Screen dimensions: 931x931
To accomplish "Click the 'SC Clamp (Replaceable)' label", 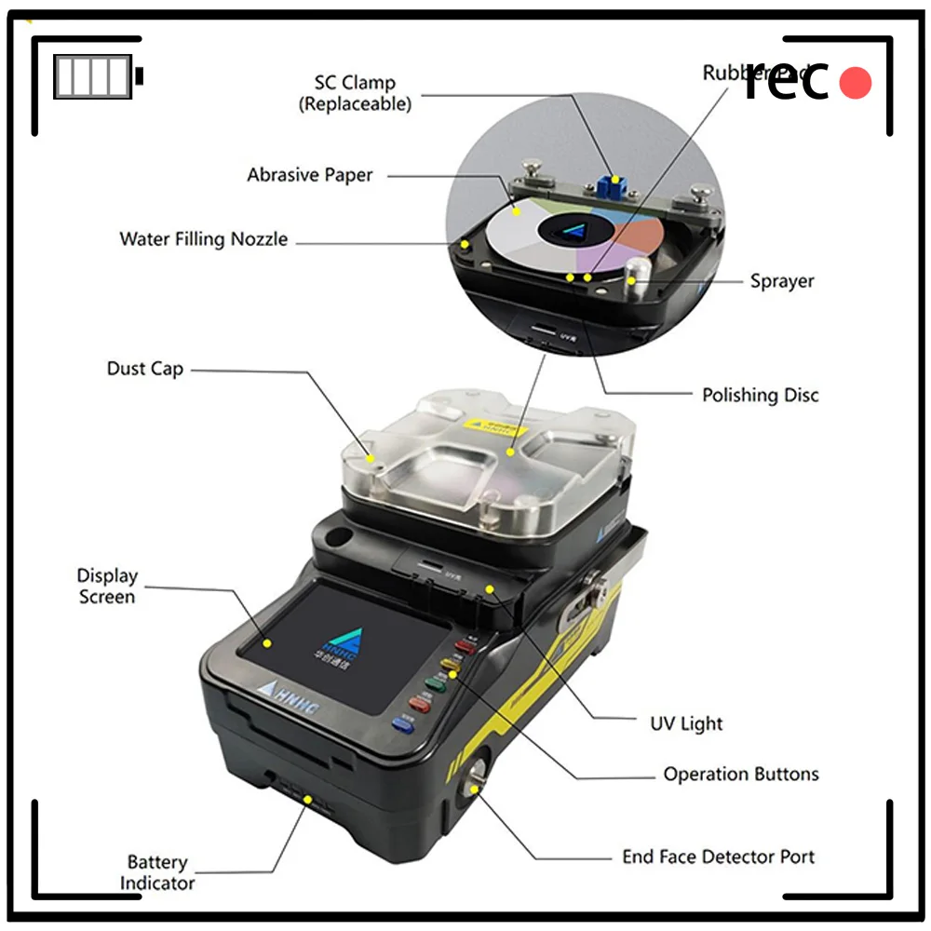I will (x=355, y=93).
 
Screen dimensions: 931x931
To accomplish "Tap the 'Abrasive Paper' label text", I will (x=309, y=175).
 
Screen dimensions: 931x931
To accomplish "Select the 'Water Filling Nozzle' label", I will (x=203, y=239).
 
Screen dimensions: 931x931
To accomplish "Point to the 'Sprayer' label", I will (x=782, y=281).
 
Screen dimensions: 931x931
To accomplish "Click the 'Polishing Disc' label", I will (x=760, y=395).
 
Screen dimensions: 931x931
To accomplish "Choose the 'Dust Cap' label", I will (x=145, y=369).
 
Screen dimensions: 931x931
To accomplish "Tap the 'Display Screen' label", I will (x=107, y=587).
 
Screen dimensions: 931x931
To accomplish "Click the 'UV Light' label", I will (x=686, y=723).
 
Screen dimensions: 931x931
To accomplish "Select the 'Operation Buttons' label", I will (x=740, y=774).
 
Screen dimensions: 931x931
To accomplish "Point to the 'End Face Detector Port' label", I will (x=718, y=857).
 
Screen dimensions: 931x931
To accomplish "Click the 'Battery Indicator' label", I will (x=157, y=872).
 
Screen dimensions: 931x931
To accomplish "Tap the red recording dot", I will (x=855, y=84).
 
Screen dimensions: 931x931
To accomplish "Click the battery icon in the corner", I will (x=98, y=76).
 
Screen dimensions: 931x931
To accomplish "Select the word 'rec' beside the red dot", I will (x=787, y=82).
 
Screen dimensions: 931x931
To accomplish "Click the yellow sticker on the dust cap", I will (x=498, y=427).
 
